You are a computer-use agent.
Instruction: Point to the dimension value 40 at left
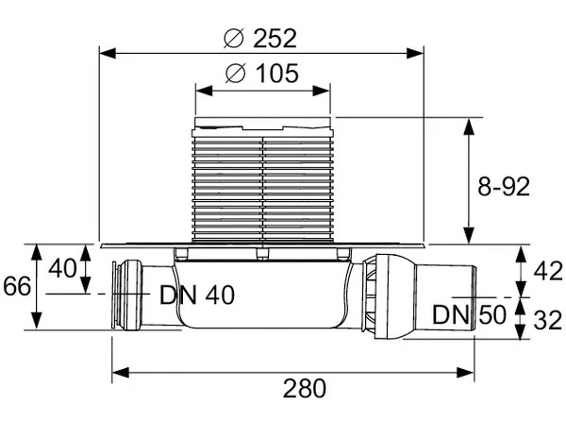[x=62, y=268]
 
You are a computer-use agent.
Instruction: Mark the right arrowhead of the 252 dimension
[x=423, y=52]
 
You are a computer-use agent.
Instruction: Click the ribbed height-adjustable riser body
[x=263, y=184]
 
